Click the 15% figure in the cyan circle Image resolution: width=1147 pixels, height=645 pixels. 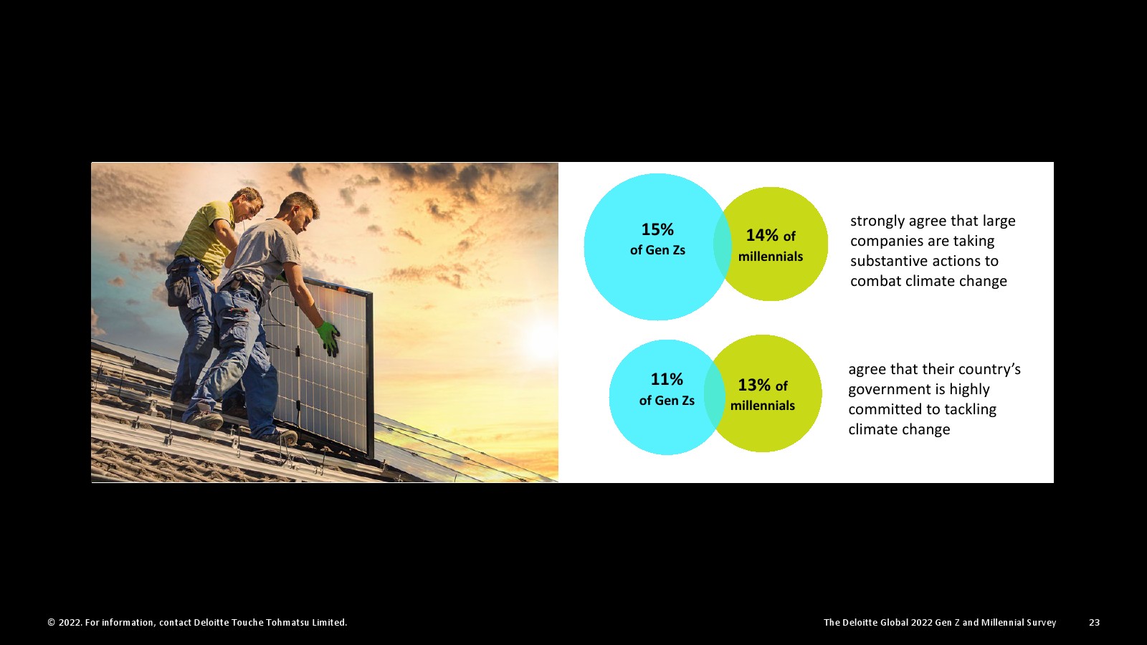tap(657, 229)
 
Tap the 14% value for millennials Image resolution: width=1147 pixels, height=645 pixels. tap(762, 235)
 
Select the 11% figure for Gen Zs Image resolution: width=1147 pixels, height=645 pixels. tap(667, 379)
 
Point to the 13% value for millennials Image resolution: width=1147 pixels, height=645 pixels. tap(754, 385)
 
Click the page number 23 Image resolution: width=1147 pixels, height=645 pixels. tap(1094, 623)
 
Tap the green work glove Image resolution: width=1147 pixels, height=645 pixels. tap(328, 338)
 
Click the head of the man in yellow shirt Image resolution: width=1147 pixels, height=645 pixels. tap(247, 203)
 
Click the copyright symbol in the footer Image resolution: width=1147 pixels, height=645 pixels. tap(51, 623)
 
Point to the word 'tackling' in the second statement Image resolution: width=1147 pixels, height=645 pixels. tap(971, 410)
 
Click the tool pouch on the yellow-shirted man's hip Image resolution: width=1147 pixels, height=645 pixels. tap(179, 290)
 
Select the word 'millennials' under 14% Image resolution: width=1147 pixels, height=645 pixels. tap(771, 257)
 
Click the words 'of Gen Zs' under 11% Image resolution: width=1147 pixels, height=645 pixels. tap(667, 401)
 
